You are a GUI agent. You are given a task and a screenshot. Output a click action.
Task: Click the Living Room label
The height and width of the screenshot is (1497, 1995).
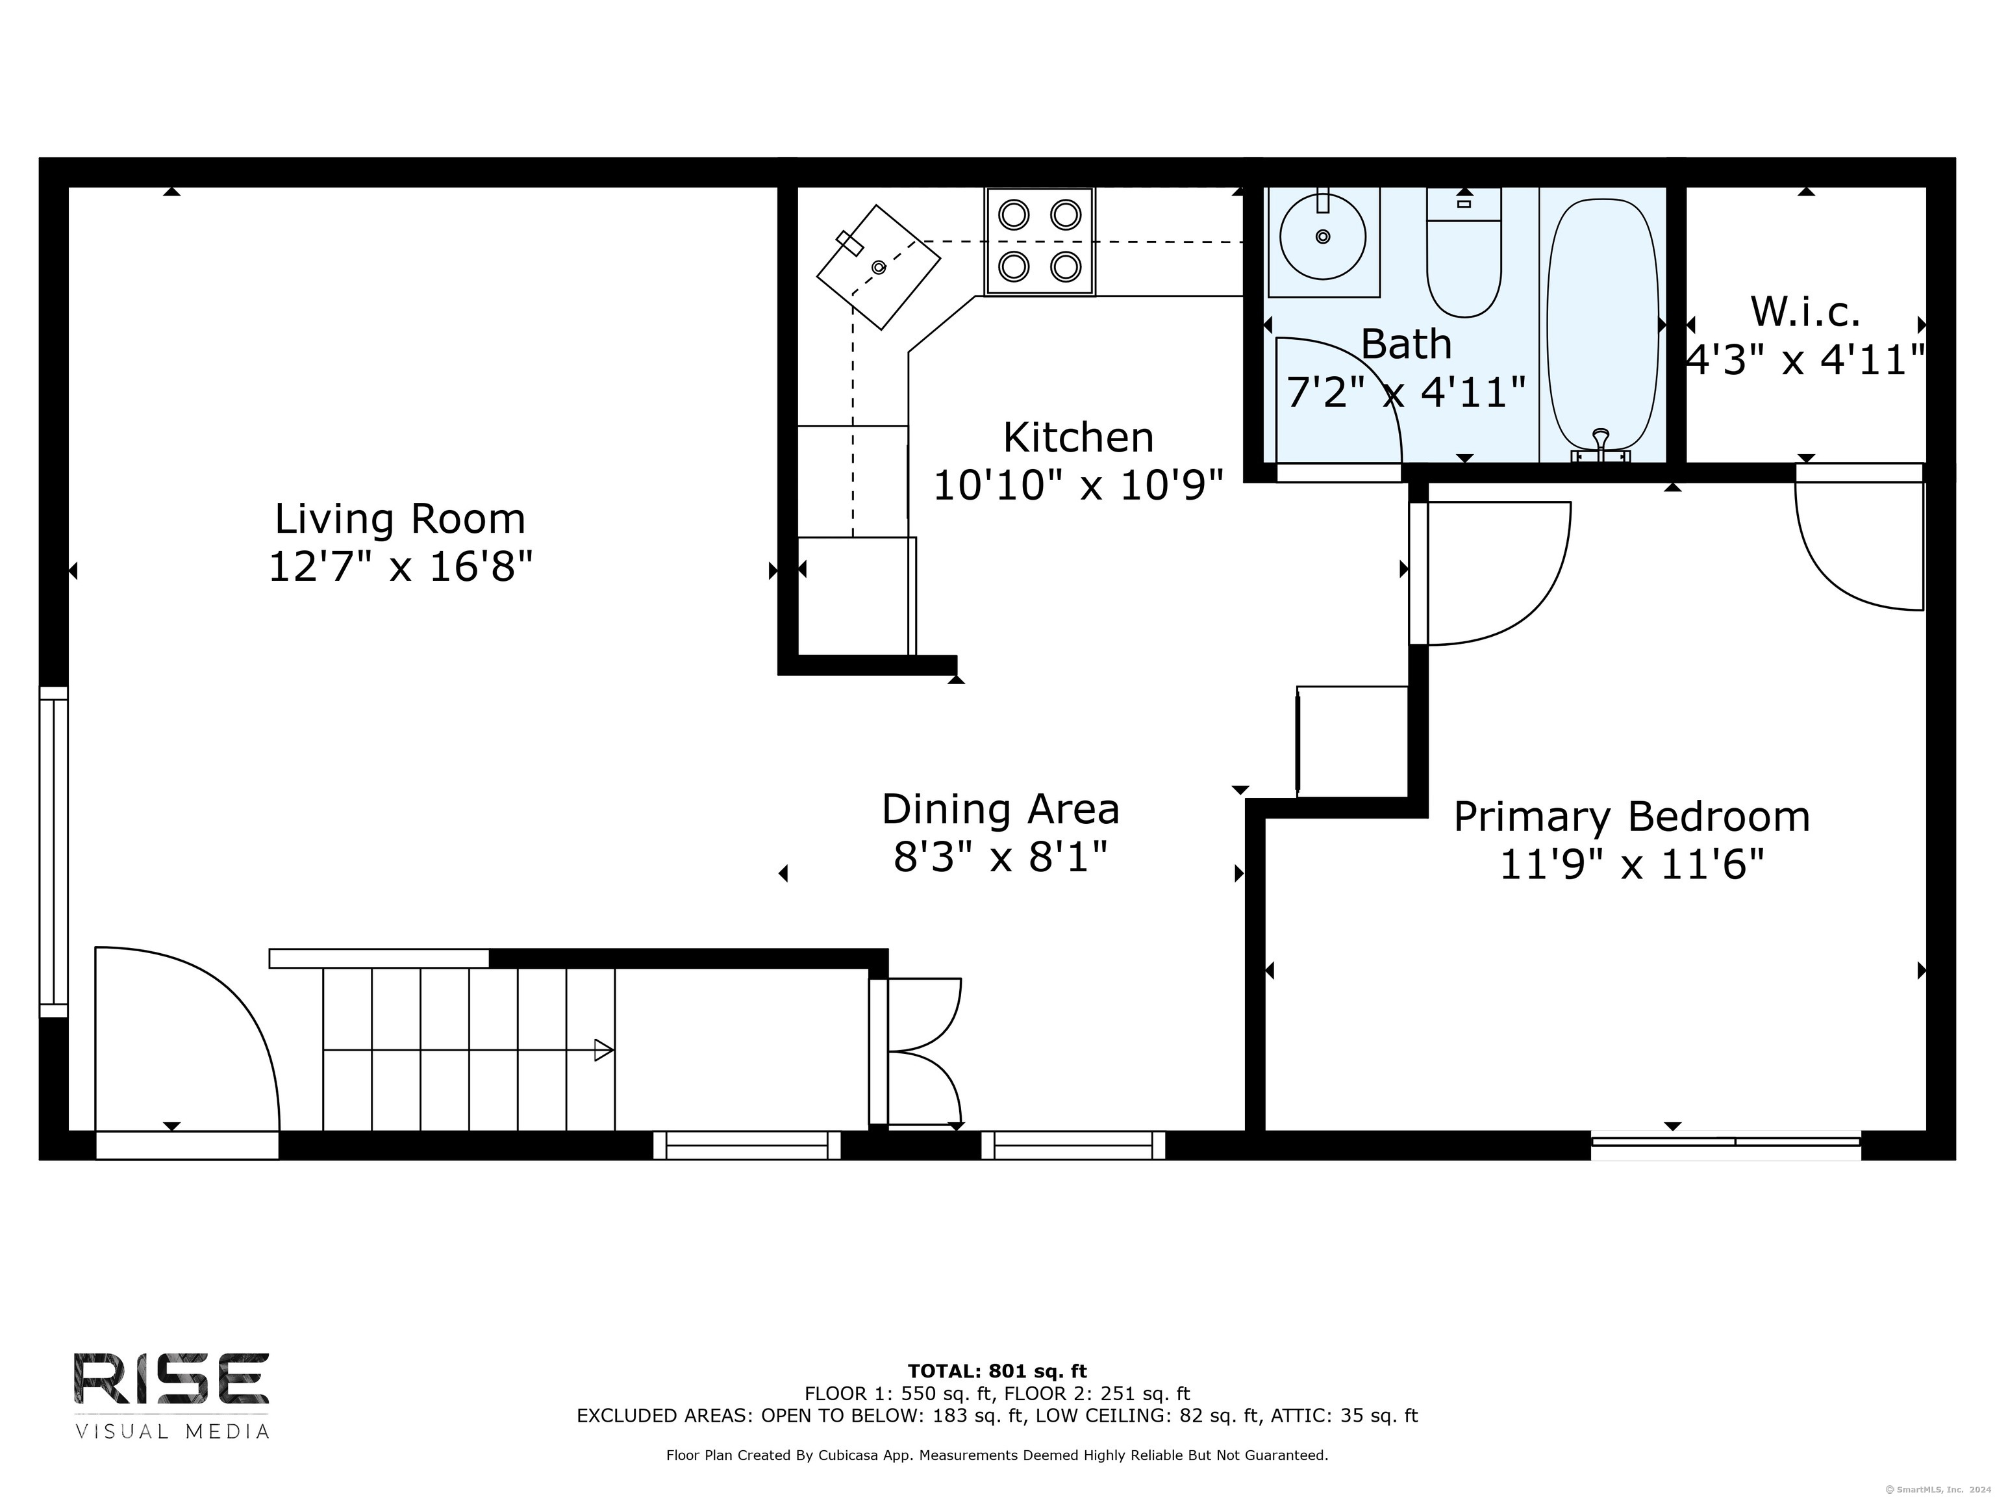click(399, 519)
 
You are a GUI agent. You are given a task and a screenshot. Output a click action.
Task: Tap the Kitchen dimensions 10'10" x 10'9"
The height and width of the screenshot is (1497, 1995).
click(1078, 485)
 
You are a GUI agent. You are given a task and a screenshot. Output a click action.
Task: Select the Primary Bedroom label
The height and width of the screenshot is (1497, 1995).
click(1631, 817)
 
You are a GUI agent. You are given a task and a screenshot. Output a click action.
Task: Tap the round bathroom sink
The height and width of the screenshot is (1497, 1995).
click(1323, 237)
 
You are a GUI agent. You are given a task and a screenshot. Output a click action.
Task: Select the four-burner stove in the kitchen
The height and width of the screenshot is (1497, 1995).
click(1040, 241)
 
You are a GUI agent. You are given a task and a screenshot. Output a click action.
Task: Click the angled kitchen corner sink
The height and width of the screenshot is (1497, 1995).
click(879, 267)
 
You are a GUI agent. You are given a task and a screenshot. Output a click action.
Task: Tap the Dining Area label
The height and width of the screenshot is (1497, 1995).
click(1000, 810)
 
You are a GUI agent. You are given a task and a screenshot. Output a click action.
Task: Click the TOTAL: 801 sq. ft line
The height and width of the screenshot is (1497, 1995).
click(997, 1372)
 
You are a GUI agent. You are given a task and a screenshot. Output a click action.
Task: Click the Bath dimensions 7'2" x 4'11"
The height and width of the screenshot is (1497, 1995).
click(1405, 392)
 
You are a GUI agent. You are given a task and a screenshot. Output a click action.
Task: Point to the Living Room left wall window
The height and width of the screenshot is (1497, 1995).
click(53, 852)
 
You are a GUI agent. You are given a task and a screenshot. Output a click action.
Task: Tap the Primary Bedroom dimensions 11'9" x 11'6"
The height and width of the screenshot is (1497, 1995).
click(1631, 865)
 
